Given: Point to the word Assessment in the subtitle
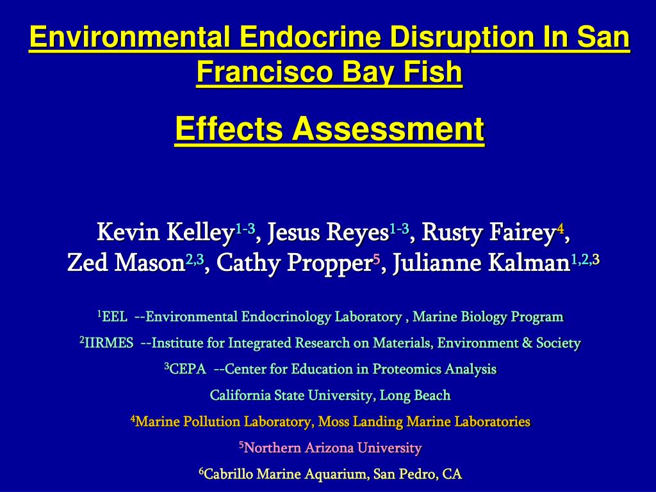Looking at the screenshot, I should click(x=388, y=129).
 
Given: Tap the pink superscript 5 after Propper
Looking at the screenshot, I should click(x=377, y=259).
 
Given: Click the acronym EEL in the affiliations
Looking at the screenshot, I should click(x=115, y=316).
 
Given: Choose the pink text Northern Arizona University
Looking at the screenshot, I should click(x=333, y=448).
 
